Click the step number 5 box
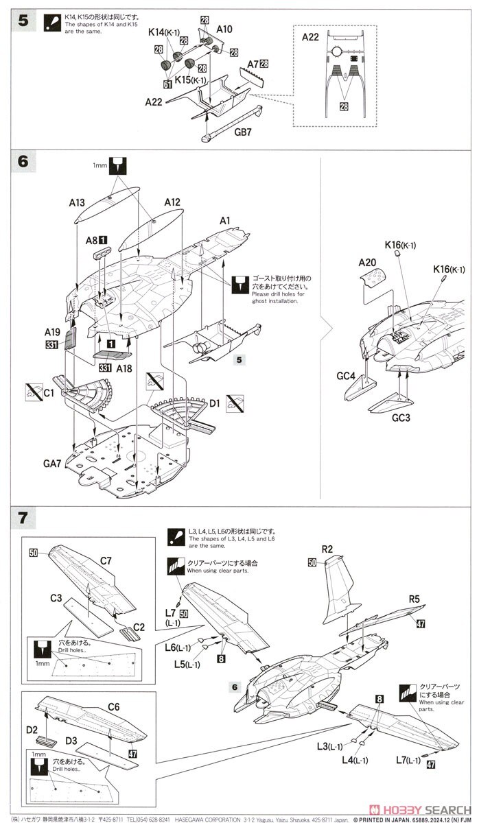[x=24, y=21]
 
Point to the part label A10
[x=224, y=29]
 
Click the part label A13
[x=76, y=202]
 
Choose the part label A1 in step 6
[x=224, y=221]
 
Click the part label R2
[x=327, y=549]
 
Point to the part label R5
[x=414, y=599]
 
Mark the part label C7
[x=106, y=561]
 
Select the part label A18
[x=124, y=368]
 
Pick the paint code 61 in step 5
[x=168, y=84]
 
